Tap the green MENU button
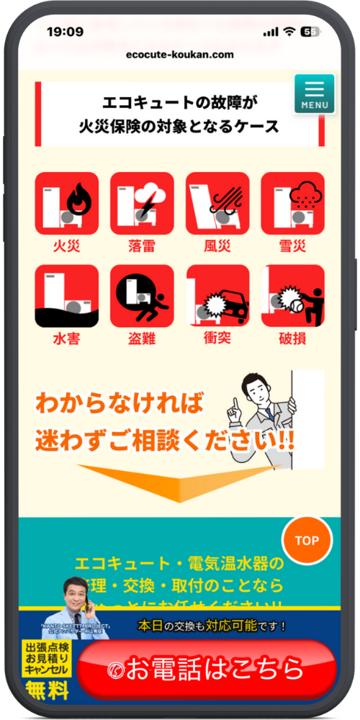[314, 94]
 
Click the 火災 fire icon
[66, 203]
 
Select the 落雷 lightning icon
[142, 203]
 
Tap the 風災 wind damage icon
[217, 203]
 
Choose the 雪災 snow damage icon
[292, 203]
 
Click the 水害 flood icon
[66, 296]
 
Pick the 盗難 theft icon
[142, 296]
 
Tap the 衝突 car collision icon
[217, 296]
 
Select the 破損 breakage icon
[292, 296]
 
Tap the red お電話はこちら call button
[207, 669]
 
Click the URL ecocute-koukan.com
[179, 55]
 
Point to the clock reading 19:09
[65, 32]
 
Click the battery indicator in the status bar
[311, 32]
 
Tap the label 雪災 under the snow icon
[292, 246]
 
